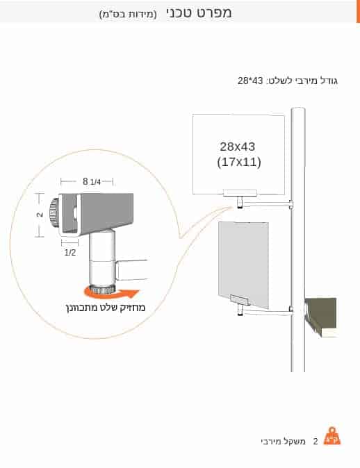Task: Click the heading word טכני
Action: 179,13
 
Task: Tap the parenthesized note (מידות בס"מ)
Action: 128,14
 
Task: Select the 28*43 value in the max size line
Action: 250,81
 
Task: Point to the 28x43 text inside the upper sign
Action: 238,147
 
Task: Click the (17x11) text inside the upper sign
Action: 239,162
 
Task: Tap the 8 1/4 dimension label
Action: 92,181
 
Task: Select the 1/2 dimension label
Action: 70,253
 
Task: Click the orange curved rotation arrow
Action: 111,294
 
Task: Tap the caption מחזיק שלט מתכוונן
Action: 106,308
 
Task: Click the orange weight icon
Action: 332,436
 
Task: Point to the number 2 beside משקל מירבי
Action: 316,442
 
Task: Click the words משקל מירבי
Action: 284,442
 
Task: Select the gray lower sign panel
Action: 243,265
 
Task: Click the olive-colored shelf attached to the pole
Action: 320,317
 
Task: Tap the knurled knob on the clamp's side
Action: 55,212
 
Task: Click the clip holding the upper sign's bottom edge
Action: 240,193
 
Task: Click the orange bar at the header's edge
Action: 358,11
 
